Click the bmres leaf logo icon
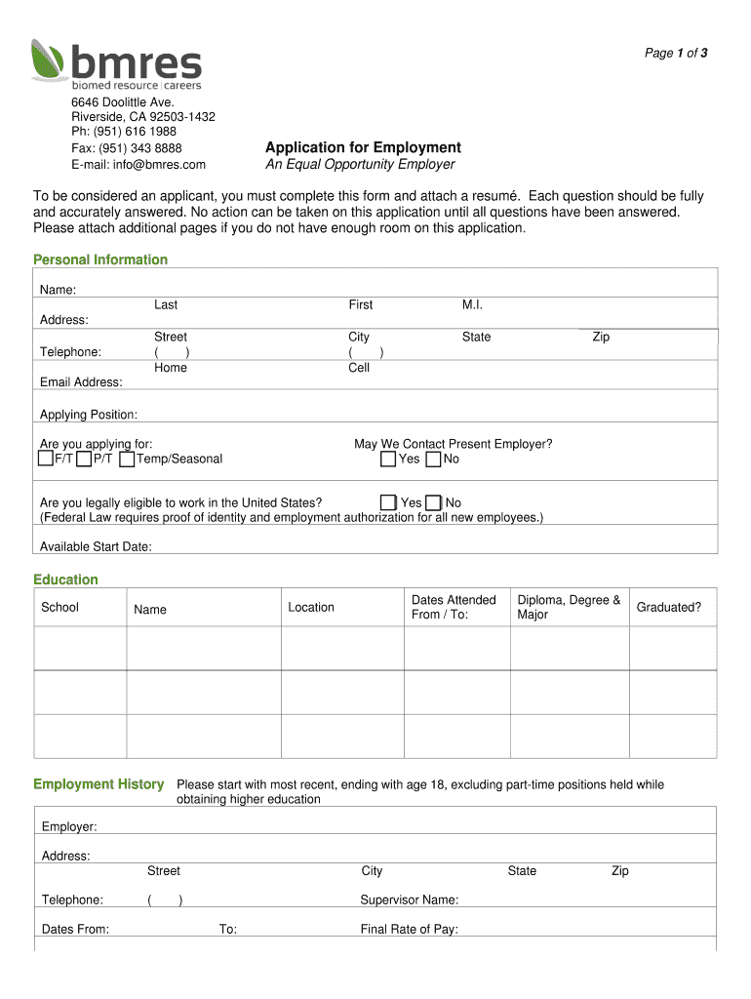click(49, 60)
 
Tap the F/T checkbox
click(46, 459)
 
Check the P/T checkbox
click(85, 459)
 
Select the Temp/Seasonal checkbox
click(127, 459)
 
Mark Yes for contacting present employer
click(388, 459)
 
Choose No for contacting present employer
click(434, 459)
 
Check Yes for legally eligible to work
click(388, 502)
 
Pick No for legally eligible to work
click(434, 502)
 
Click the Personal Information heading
click(100, 260)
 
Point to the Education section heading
click(65, 579)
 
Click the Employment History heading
click(99, 784)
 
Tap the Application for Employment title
click(363, 147)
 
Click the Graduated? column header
click(668, 607)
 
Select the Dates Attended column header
click(454, 607)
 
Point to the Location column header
click(311, 607)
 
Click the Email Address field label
click(81, 382)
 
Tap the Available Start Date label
click(96, 546)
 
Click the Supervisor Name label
click(409, 899)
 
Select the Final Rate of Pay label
click(409, 929)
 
